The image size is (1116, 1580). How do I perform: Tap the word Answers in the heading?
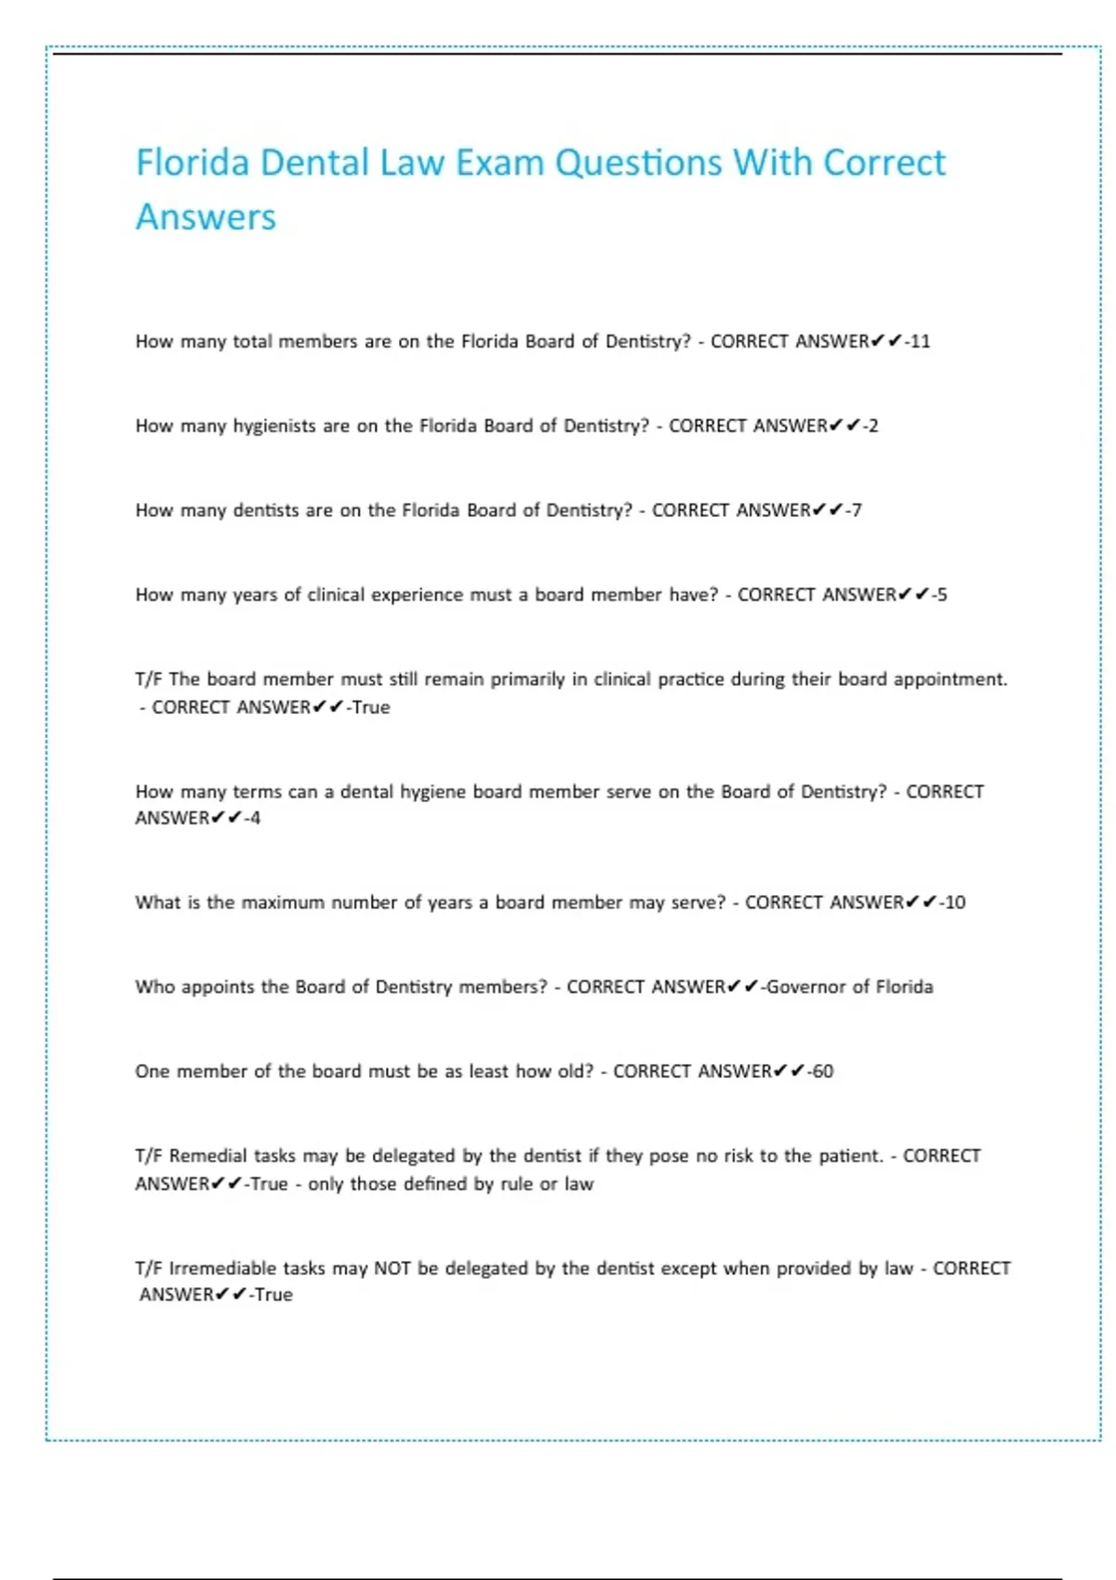click(x=206, y=217)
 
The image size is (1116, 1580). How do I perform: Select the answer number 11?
click(x=920, y=341)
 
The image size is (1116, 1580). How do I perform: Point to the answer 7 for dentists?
click(x=857, y=510)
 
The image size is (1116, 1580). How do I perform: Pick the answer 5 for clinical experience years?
click(x=942, y=595)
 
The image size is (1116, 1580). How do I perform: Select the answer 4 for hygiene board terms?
click(x=256, y=819)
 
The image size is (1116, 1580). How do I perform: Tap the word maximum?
click(x=282, y=902)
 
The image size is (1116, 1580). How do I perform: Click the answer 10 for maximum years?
click(x=955, y=902)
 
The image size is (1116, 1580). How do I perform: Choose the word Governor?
click(x=806, y=987)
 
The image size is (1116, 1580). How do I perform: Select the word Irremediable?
click(x=223, y=1269)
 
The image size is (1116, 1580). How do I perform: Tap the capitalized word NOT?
click(x=392, y=1269)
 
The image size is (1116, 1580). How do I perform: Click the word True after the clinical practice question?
click(x=371, y=707)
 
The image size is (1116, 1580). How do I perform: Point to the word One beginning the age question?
click(x=152, y=1072)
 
